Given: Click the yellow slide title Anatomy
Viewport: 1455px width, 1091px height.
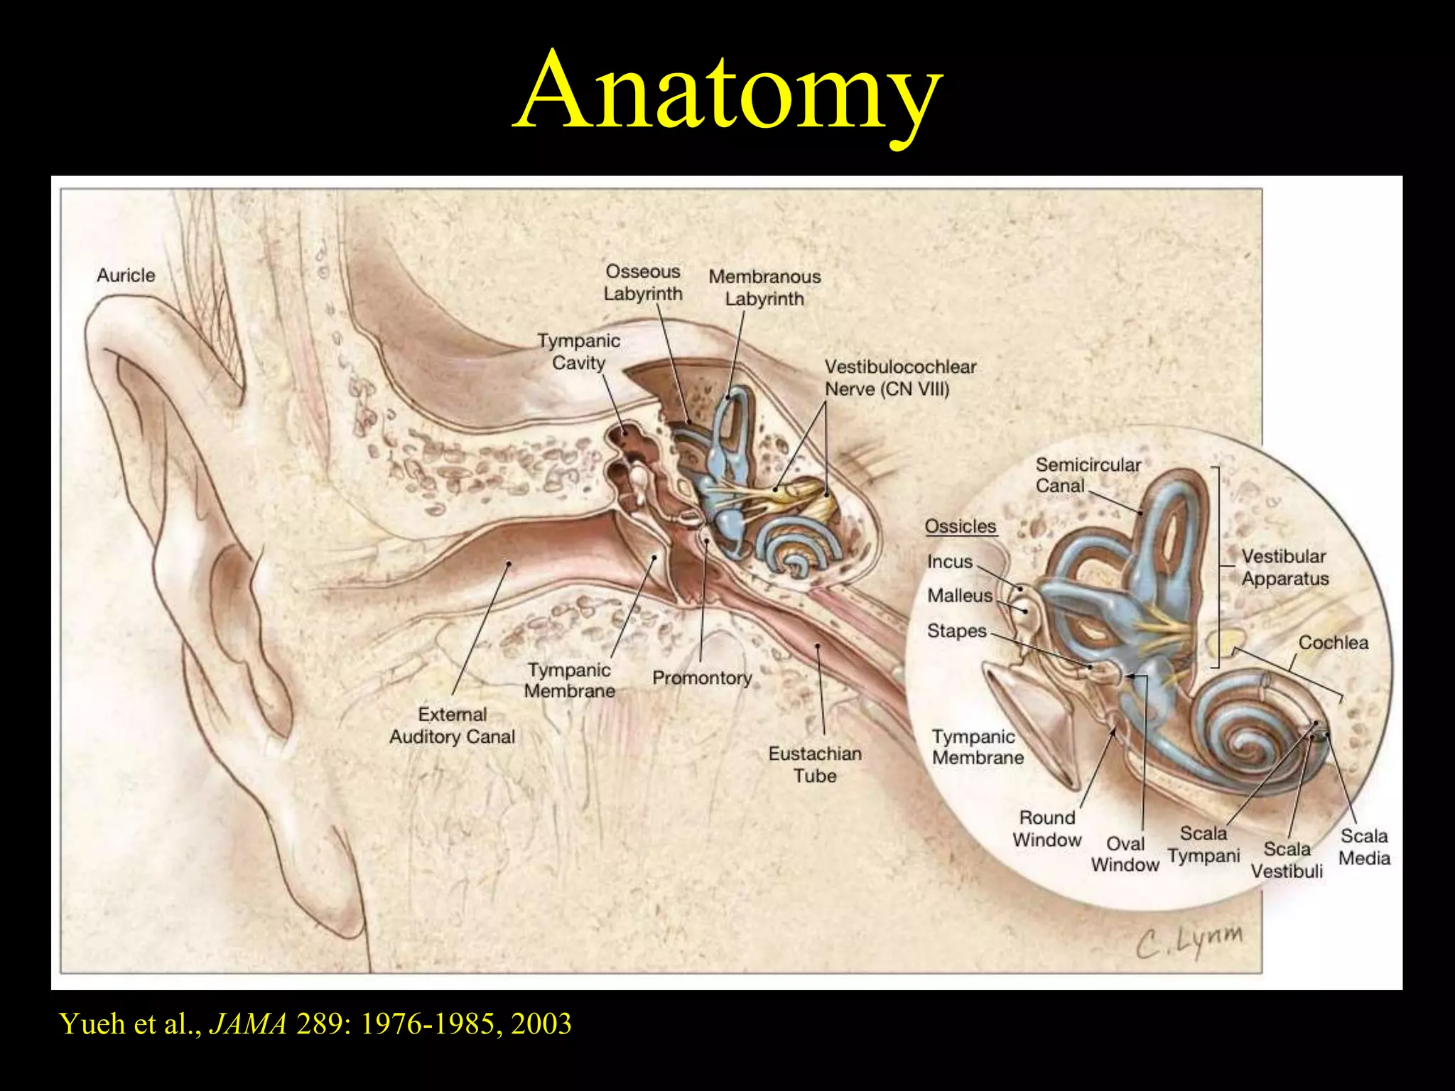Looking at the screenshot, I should pos(727,91).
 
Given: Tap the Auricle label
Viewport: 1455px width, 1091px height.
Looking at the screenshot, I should pos(126,275).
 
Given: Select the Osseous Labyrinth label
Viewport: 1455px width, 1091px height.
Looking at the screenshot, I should pos(643,282).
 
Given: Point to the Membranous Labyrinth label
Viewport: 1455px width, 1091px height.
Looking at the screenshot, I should pos(764,287).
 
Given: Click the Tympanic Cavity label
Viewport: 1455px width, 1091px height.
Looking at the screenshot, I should pos(578,352).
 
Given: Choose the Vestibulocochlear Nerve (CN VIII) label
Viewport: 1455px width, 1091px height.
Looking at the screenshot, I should pos(899,378).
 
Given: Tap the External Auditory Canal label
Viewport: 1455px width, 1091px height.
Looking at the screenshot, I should pos(453,725).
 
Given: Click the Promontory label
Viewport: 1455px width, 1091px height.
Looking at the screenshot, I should pos(702,678).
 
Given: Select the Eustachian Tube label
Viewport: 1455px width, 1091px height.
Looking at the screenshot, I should pos(815,764).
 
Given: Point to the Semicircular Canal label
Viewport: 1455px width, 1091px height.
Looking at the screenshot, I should pos(1087,475).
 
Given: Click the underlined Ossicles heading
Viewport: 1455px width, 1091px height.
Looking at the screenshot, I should pos(961,526).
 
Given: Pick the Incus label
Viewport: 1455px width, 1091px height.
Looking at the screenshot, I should pos(949,561).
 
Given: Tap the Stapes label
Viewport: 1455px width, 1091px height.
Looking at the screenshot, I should pos(956,631).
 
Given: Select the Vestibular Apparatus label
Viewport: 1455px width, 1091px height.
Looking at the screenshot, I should pos(1284,567).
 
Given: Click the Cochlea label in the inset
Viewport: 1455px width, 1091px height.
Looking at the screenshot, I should pos(1333,642).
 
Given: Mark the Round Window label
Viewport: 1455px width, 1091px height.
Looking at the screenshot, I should pos(1046,828).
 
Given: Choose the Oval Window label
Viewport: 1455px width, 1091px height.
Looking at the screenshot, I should pos(1125,854).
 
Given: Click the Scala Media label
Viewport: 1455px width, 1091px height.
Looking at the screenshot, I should pos(1364,847).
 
